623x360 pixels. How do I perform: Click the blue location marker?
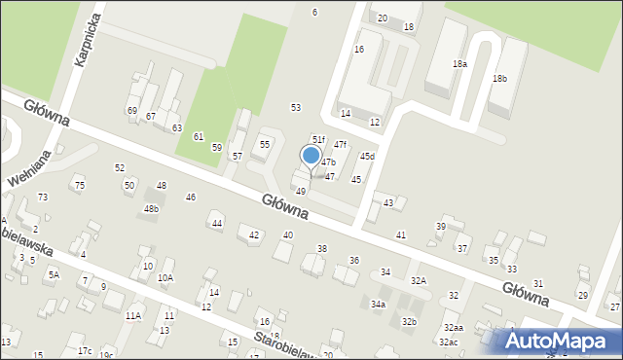311,156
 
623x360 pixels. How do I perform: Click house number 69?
131,111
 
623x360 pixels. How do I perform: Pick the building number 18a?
459,63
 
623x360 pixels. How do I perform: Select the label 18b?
499,78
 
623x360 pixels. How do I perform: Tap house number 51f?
318,140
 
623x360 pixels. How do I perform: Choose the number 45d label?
367,157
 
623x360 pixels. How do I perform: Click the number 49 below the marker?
301,192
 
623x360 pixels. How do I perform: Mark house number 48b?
151,209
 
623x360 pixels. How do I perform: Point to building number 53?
296,107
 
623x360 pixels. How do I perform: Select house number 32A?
418,280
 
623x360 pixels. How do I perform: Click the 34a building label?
378,305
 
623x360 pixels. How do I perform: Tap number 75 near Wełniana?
80,186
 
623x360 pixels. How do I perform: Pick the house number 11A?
132,316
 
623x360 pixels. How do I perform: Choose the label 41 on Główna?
401,235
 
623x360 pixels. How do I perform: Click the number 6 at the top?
314,12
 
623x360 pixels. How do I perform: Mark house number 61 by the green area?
199,137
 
